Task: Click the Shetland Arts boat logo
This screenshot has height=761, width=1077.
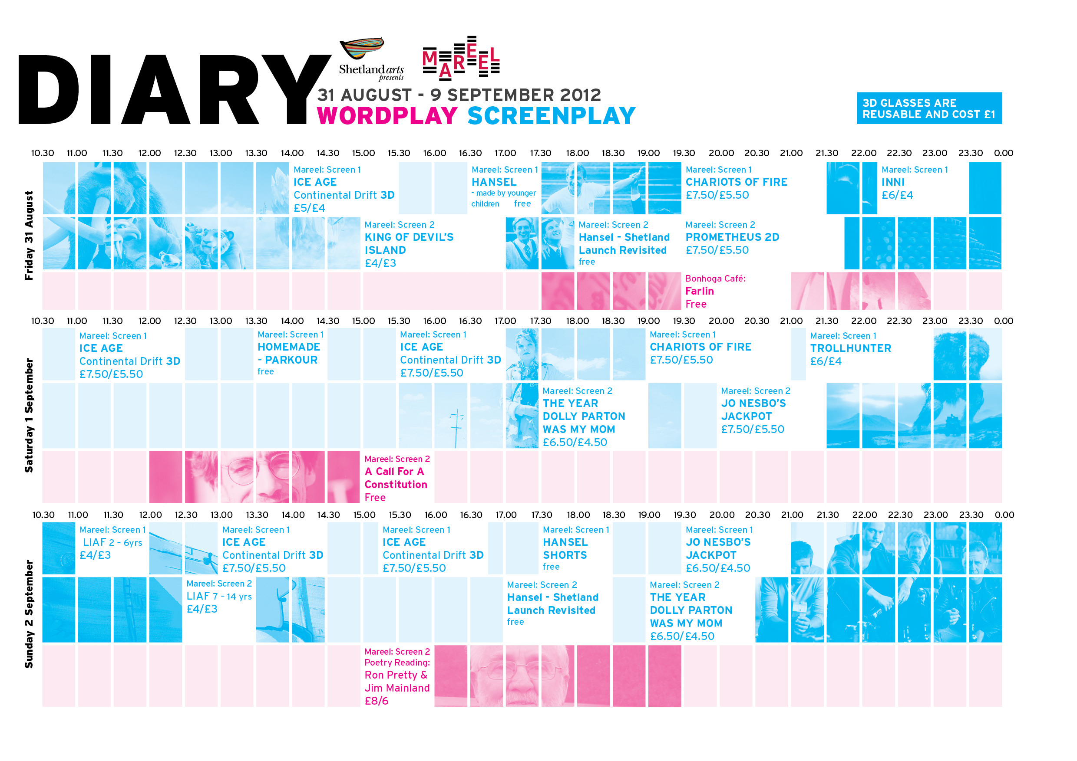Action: [362, 49]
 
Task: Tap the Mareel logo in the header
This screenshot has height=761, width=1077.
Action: [461, 57]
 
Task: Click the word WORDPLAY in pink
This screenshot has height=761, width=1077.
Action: [387, 116]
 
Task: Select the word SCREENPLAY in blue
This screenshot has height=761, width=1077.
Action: [551, 116]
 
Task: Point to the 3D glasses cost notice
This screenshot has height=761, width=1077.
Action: [929, 108]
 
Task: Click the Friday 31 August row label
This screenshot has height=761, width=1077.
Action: [29, 235]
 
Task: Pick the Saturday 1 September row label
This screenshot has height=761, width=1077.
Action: [29, 415]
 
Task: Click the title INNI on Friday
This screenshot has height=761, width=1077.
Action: [893, 182]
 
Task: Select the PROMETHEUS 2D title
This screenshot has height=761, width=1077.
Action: [732, 237]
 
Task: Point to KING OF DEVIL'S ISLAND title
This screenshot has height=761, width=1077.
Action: [409, 243]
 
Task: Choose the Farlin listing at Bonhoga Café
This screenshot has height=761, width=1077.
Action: [699, 291]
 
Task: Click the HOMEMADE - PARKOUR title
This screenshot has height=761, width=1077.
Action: [288, 353]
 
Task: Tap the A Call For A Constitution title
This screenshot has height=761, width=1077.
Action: [396, 478]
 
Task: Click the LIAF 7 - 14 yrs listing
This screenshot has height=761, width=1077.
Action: [218, 596]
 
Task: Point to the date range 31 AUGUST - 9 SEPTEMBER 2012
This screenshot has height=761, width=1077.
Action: [459, 95]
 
